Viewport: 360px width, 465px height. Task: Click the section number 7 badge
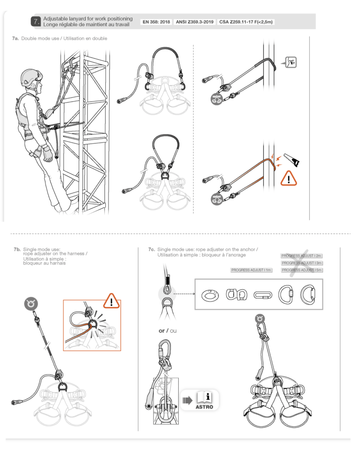click(36, 21)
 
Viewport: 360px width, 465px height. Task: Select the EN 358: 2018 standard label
click(156, 21)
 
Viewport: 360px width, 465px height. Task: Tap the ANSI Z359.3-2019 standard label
click(194, 21)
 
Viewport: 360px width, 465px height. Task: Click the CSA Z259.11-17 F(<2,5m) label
click(246, 21)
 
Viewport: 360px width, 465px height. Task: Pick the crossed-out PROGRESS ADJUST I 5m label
click(302, 270)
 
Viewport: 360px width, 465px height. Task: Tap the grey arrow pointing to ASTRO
click(187, 400)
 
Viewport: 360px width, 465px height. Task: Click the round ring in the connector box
click(209, 295)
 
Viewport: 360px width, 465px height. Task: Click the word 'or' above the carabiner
click(162, 331)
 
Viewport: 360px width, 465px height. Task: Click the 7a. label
click(15, 39)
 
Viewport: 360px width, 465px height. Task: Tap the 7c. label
click(152, 249)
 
